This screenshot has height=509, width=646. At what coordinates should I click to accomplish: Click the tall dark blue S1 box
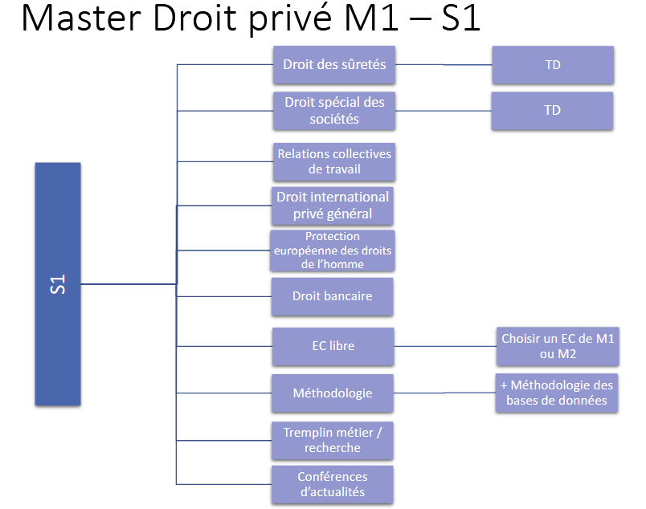tap(58, 283)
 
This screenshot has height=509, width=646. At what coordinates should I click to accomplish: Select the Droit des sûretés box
tap(334, 65)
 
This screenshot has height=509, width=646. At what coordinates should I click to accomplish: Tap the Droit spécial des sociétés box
tap(334, 111)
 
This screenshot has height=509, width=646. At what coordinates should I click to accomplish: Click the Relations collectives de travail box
tap(334, 161)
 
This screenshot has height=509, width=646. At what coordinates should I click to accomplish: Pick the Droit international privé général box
tap(333, 206)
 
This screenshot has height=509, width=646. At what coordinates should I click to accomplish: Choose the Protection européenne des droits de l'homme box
tap(333, 250)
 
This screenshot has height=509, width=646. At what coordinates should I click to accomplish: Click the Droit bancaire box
tap(333, 296)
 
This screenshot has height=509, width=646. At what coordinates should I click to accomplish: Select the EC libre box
tap(333, 346)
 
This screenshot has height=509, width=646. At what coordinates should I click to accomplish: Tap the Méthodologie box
tap(333, 393)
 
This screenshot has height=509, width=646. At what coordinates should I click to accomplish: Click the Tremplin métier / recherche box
tap(333, 440)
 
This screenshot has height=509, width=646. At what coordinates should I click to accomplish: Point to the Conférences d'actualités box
tap(333, 484)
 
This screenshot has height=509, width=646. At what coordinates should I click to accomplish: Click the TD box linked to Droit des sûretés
tap(553, 65)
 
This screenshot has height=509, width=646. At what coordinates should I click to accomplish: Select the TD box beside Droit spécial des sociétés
tap(553, 111)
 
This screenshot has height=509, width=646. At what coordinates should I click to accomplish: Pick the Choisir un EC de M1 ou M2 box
tap(558, 346)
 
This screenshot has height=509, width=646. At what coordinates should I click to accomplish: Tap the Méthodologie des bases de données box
tap(557, 393)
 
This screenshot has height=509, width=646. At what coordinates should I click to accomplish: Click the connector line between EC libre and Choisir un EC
tap(444, 347)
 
